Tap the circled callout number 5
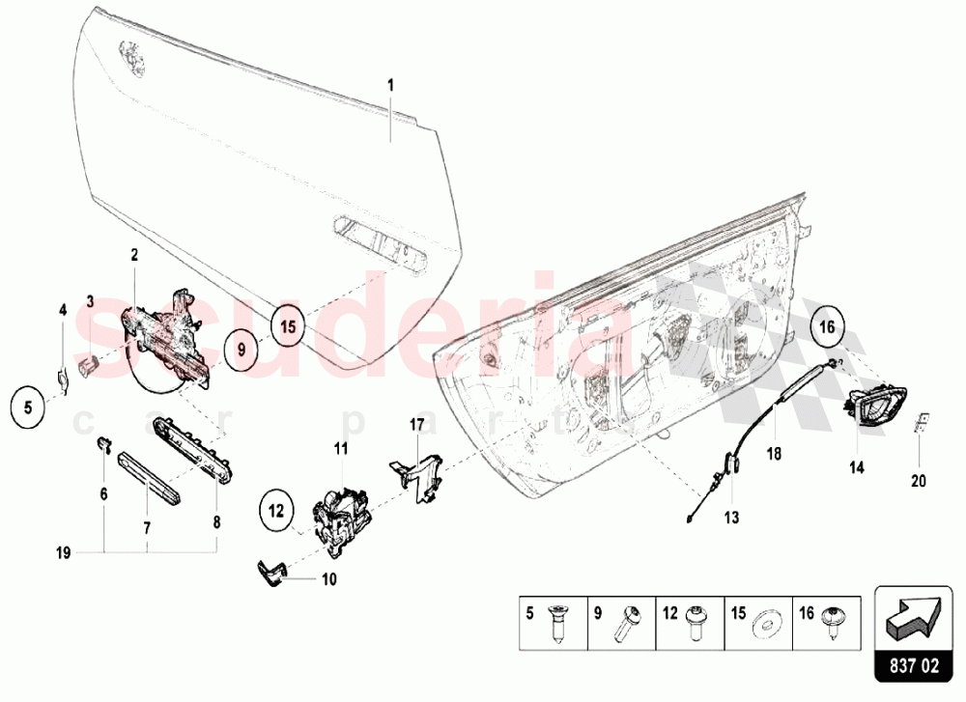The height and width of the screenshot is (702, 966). pyautogui.click(x=28, y=407)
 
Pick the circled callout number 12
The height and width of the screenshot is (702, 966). pyautogui.click(x=275, y=509)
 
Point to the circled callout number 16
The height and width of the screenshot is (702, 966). pyautogui.click(x=827, y=327)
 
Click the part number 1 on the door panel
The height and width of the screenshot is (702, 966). pyautogui.click(x=391, y=85)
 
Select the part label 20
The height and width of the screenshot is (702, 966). pyautogui.click(x=918, y=480)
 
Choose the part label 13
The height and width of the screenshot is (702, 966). pyautogui.click(x=730, y=519)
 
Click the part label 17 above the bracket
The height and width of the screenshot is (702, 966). pyautogui.click(x=416, y=424)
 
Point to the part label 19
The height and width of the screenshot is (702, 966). pyautogui.click(x=63, y=552)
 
